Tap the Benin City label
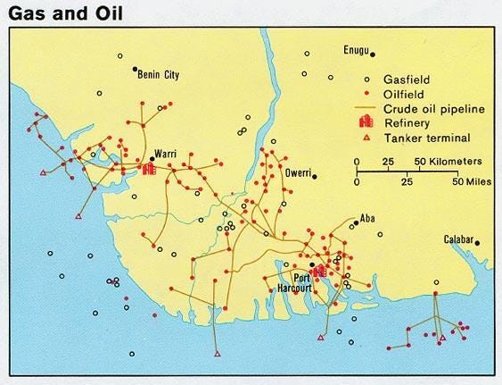pyautogui.click(x=159, y=76)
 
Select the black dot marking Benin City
pyautogui.click(x=135, y=70)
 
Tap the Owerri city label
pyautogui.click(x=291, y=171)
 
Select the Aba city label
pyautogui.click(x=367, y=217)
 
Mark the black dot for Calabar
pyautogui.click(x=477, y=242)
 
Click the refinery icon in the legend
pyautogui.click(x=365, y=122)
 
